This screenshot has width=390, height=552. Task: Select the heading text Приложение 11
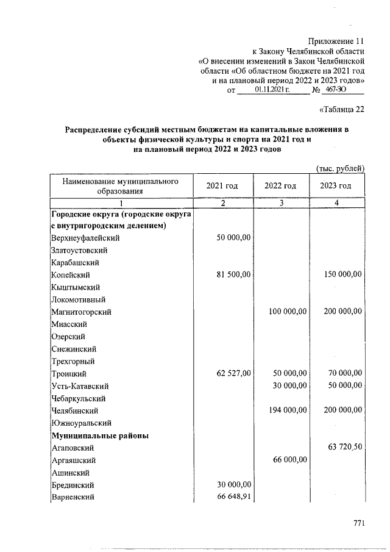(336, 41)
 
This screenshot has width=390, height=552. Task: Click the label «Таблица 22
(342, 110)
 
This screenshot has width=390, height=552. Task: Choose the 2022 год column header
(280, 186)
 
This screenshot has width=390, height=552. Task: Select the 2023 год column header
(336, 186)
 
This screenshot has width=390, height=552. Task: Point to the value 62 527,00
(233, 373)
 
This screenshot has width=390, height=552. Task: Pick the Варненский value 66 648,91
(233, 498)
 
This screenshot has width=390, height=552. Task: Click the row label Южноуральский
(80, 423)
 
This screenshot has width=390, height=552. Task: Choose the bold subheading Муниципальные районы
(100, 436)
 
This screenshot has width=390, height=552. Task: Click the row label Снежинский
(73, 349)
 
